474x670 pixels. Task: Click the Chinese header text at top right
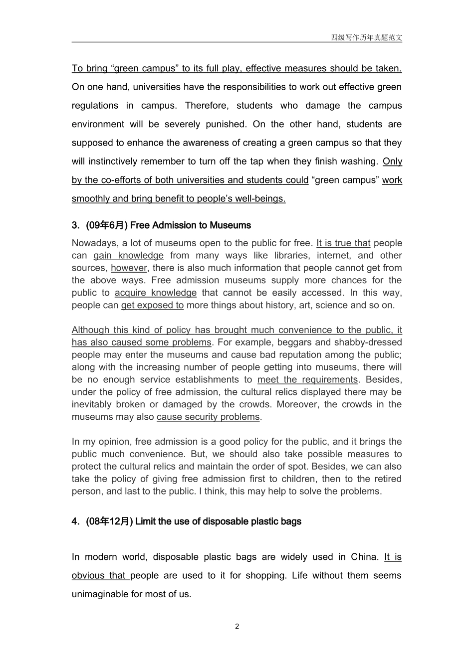366,37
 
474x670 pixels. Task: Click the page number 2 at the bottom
237,626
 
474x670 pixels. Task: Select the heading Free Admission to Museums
190,225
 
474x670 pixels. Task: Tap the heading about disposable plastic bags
218,521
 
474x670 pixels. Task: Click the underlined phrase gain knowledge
128,256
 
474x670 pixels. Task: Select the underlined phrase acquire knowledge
156,293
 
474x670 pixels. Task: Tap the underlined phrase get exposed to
152,305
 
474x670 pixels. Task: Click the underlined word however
129,268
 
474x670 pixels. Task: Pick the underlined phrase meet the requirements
307,379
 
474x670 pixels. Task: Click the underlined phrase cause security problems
208,417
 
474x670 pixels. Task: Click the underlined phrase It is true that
343,243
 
